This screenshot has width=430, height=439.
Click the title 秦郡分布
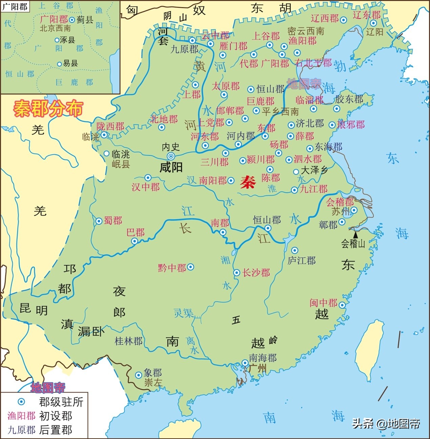coord(48,109)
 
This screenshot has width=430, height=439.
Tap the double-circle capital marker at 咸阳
coord(171,156)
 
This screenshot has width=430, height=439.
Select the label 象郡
coord(153,373)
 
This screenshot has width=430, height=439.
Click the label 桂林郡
coord(129,341)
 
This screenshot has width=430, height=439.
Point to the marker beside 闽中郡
coord(342,305)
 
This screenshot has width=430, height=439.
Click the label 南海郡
coord(263,358)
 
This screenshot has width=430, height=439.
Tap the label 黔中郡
coord(172,268)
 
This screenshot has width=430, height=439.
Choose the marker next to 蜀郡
coord(99,221)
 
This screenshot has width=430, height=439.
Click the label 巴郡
coord(136,232)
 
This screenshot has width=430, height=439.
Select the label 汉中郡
coord(145,187)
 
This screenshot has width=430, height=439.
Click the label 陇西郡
coord(110,126)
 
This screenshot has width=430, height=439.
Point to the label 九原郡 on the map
coord(184,49)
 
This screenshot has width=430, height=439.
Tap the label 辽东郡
coord(367,15)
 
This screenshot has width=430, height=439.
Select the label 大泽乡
coord(314,170)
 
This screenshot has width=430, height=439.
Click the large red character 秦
coord(248,183)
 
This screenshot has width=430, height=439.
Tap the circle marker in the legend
coord(21,402)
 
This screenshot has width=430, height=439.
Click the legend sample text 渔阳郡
coord(21,416)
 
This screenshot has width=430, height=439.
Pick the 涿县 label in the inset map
coord(67,40)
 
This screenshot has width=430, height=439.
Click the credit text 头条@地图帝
coord(386,423)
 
